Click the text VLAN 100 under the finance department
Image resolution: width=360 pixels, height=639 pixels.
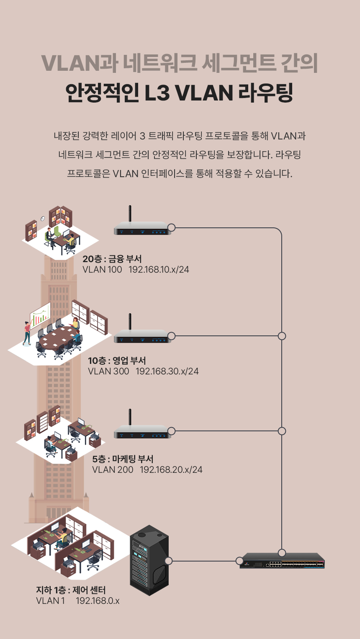pyautogui.click(x=102, y=270)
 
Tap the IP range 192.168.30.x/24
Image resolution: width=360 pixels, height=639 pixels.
pyautogui.click(x=167, y=371)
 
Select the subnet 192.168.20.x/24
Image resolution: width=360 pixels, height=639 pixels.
pyautogui.click(x=171, y=470)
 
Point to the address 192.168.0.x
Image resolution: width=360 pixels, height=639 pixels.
pyautogui.click(x=98, y=601)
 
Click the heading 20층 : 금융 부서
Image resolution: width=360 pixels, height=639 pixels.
pyautogui.click(x=112, y=259)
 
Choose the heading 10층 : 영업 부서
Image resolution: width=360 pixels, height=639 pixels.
pyautogui.click(x=117, y=361)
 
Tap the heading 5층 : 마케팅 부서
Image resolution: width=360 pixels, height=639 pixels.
pyautogui.click(x=123, y=459)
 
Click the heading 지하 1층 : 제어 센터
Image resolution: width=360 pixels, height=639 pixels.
pyautogui.click(x=71, y=590)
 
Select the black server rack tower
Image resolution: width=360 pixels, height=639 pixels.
pyautogui.click(x=149, y=561)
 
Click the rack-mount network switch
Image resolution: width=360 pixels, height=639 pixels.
pyautogui.click(x=282, y=561)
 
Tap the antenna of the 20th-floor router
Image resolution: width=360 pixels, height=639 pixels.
pyautogui.click(x=130, y=214)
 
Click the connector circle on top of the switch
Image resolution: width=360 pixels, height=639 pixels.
pyautogui.click(x=282, y=553)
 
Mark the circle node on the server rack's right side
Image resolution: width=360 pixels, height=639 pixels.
pyautogui.click(x=169, y=561)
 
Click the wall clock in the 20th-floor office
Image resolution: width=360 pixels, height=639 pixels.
pyautogui.click(x=43, y=219)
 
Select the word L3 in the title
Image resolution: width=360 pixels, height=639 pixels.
pyautogui.click(x=157, y=93)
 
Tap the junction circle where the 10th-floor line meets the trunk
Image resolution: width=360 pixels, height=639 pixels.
pyautogui.click(x=282, y=336)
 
